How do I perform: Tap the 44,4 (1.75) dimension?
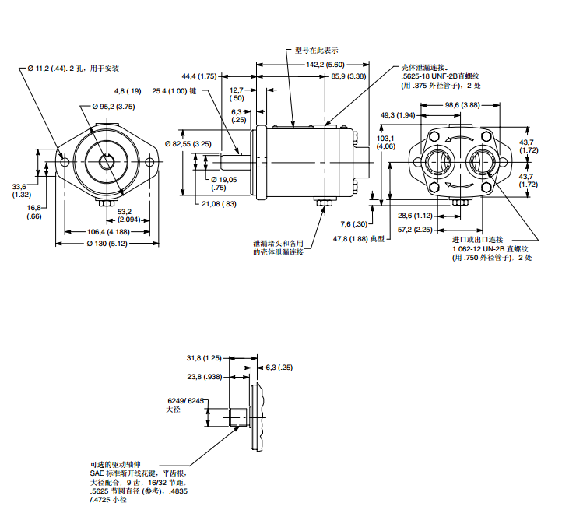coord(198,76)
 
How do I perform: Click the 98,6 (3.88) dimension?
coord(462,104)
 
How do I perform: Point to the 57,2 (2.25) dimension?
coord(414,230)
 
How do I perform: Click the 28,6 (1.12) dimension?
coord(414,216)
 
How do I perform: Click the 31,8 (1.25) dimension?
coord(205,358)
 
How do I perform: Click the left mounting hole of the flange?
coord(65,162)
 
